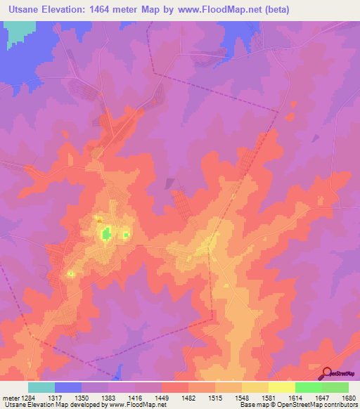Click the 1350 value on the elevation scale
95,398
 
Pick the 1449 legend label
175,398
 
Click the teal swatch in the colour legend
41,387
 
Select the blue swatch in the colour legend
68,387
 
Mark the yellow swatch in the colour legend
282,387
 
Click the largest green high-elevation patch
105,233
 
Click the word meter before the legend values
11,398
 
